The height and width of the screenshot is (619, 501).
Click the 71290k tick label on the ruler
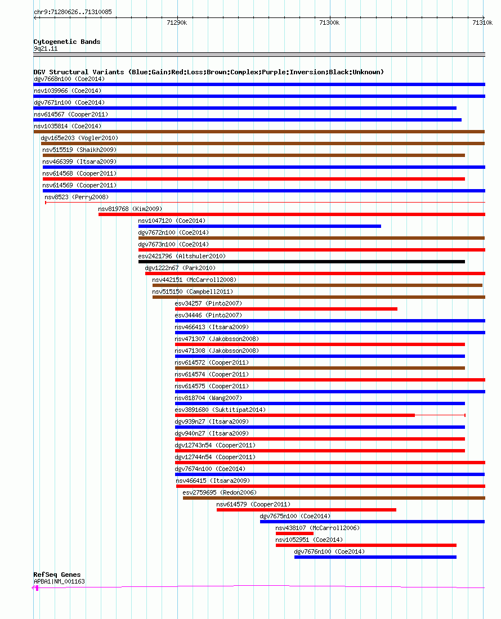tap(177, 23)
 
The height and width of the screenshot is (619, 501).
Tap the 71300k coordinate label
tap(329, 23)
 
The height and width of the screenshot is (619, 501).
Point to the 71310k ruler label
tap(482, 23)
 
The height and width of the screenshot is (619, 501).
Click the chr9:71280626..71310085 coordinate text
tap(73, 12)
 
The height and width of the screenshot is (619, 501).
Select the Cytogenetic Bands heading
tap(67, 42)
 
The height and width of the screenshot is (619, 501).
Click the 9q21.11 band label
tap(46, 48)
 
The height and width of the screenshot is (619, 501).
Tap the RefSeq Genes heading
tap(57, 575)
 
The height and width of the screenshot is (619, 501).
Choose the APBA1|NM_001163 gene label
tap(59, 581)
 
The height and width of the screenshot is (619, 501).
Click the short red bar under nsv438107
tap(294, 533)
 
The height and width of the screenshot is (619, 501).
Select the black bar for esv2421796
tap(302, 262)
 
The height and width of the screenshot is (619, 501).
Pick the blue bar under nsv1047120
tap(260, 226)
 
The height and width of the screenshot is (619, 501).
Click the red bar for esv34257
tap(286, 309)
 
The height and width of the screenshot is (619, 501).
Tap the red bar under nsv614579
tap(306, 510)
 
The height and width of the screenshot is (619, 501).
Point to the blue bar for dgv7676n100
tap(375, 557)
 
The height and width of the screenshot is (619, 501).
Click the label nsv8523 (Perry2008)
tap(77, 197)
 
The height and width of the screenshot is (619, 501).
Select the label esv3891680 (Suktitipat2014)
tap(220, 410)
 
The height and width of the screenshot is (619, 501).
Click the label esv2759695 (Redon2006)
tap(220, 492)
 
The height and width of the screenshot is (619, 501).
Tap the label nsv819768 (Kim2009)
tap(130, 209)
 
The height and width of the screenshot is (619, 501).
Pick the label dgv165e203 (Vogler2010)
tap(79, 138)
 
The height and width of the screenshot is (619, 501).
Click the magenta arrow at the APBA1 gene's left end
tap(35, 588)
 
